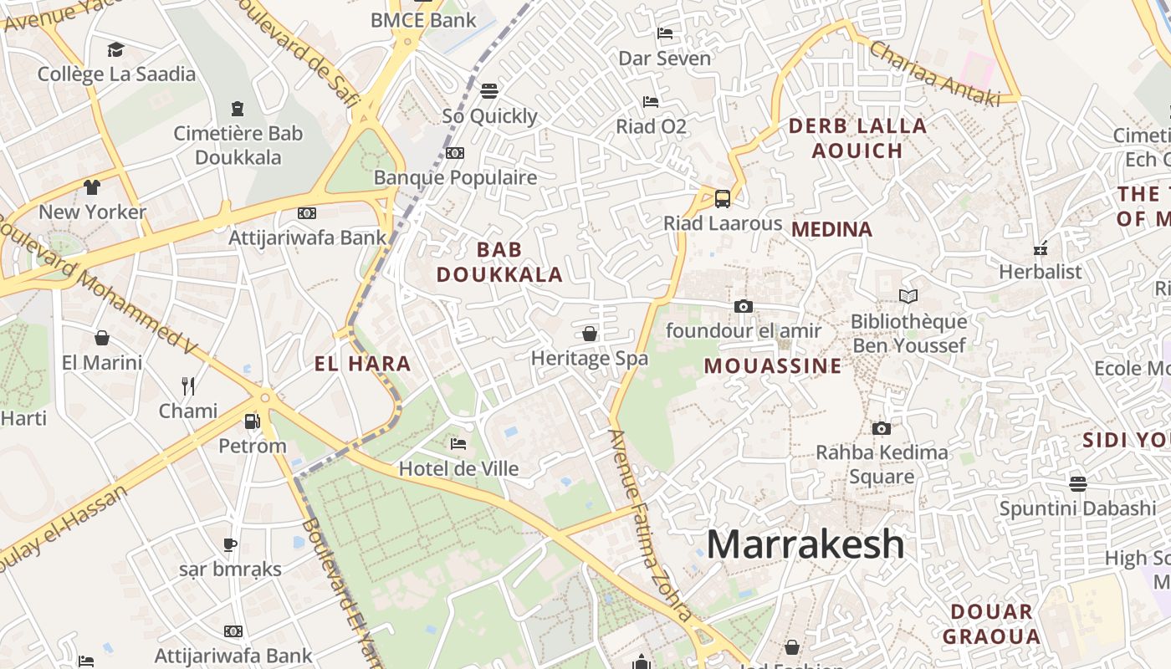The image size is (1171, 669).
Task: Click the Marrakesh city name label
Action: (x=805, y=544)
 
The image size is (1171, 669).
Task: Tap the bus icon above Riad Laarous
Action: (x=723, y=199)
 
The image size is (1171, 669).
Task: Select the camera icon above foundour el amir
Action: (x=743, y=307)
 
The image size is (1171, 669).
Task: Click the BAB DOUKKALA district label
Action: (x=499, y=262)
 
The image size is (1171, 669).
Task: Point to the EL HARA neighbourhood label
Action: (x=362, y=364)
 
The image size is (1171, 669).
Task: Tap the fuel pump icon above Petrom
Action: (x=252, y=421)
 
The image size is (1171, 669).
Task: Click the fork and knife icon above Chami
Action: (x=188, y=386)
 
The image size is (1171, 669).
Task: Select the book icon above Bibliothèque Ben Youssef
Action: (x=908, y=296)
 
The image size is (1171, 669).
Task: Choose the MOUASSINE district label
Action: (x=772, y=365)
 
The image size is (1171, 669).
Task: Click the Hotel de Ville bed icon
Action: (x=458, y=443)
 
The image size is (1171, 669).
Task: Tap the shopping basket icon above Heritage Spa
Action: (x=590, y=334)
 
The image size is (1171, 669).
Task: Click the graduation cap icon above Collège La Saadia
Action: (x=115, y=49)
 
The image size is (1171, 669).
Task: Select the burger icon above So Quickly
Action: (x=489, y=90)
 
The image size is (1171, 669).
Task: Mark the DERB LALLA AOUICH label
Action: (x=857, y=138)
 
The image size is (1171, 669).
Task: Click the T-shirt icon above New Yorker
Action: (x=92, y=186)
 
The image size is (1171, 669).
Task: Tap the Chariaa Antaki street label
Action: (x=934, y=74)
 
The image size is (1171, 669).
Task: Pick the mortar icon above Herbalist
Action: (x=1041, y=248)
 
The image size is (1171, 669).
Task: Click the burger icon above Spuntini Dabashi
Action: (x=1077, y=483)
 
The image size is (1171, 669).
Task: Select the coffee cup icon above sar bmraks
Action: (x=230, y=544)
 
